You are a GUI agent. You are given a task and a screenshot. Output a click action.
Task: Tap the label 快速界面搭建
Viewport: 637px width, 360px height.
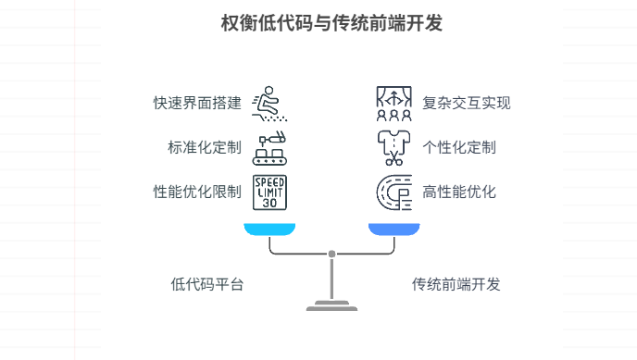coord(197,103)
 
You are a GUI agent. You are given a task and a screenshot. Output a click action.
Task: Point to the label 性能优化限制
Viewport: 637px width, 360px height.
coord(197,192)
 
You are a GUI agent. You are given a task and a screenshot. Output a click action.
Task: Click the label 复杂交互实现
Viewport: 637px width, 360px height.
coord(467,103)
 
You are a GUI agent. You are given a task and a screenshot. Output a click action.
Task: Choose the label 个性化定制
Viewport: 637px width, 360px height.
coord(459,147)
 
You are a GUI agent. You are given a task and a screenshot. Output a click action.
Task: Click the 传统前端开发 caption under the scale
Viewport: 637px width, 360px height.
coord(456,284)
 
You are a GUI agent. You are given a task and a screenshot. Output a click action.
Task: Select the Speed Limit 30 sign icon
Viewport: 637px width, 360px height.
coord(269,192)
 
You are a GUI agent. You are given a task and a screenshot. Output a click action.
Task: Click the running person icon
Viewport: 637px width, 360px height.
coord(269,103)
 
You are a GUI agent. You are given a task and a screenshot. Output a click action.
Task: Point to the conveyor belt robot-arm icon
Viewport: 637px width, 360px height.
coord(269,148)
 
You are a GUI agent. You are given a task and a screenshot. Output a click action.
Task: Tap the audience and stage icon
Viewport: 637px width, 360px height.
coord(393,103)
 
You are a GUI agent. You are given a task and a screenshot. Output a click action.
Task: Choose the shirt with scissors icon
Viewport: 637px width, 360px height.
coord(393,148)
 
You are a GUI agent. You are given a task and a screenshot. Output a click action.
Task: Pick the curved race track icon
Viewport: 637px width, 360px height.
coord(393,192)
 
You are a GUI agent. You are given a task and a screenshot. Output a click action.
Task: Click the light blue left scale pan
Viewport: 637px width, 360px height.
coord(269,229)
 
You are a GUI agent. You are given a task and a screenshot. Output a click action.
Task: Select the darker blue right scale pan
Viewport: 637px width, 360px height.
coord(393,229)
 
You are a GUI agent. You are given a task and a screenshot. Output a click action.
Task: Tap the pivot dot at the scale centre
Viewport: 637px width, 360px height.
coord(331,254)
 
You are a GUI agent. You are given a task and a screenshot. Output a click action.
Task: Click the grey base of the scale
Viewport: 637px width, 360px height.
coord(331,306)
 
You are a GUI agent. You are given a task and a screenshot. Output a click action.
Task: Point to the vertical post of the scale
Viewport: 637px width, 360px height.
coord(331,278)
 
